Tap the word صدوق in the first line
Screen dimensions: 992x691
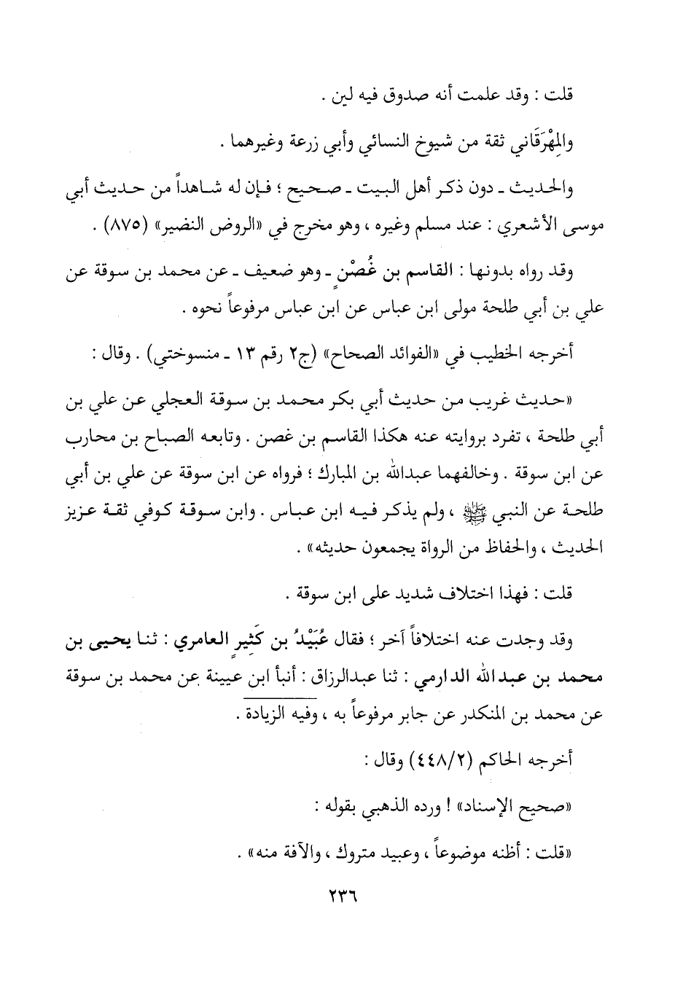point(415,97)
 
